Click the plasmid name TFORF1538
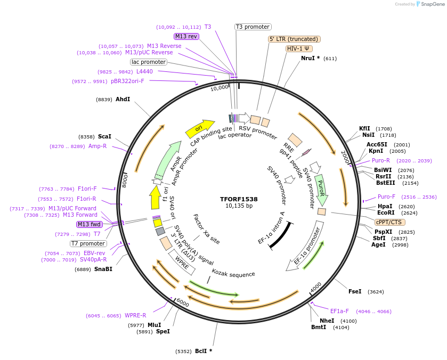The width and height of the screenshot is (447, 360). tap(239, 199)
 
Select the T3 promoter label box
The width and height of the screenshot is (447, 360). tap(253, 27)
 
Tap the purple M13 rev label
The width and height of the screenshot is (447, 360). tap(186, 36)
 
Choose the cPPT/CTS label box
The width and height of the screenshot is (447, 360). tap(389, 222)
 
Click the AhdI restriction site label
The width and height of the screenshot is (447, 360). tap(123, 99)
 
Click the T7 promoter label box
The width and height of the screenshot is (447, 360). tap(88, 243)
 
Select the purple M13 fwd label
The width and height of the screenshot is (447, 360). tap(90, 224)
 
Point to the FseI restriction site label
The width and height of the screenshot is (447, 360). tap(355, 291)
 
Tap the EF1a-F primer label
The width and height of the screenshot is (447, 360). tap(339, 311)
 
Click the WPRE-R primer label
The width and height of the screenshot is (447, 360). tap(136, 315)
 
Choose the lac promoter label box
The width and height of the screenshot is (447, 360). tap(149, 62)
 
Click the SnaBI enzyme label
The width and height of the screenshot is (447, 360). tap(103, 269)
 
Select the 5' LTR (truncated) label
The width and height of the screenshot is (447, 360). tap(294, 39)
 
